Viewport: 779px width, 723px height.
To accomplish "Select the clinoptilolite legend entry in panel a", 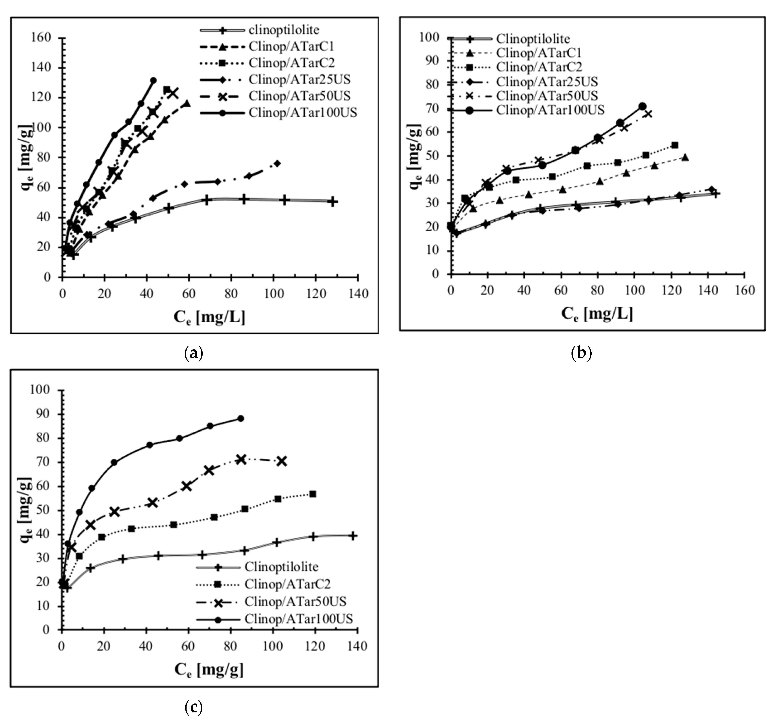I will coord(284,30).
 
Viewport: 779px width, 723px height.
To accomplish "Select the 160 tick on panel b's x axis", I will coord(744,290).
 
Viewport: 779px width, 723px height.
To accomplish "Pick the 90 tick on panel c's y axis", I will coord(42,414).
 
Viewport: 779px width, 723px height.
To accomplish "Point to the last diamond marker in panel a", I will coord(277,163).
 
